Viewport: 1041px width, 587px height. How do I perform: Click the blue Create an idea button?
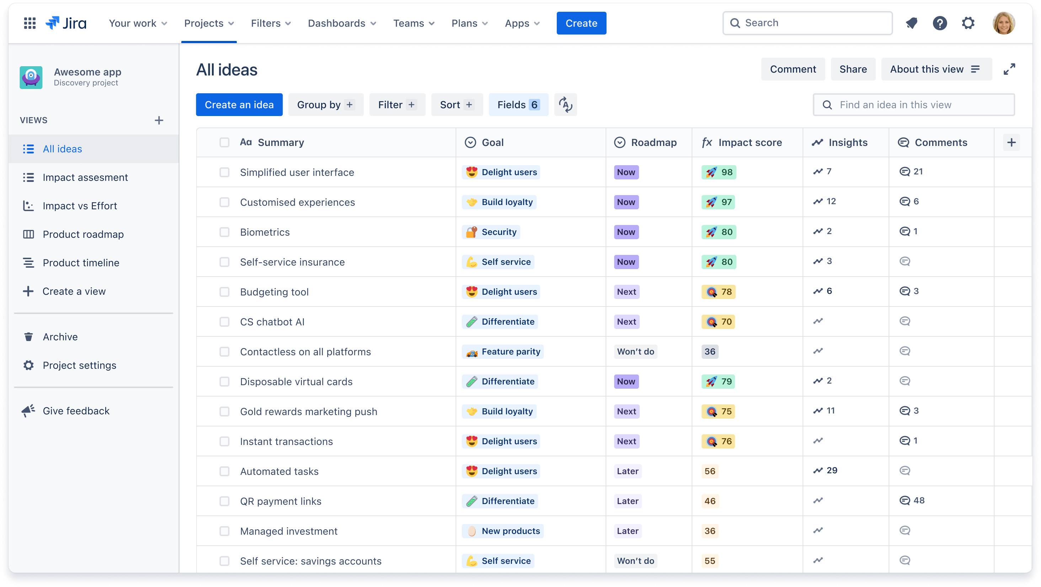(239, 105)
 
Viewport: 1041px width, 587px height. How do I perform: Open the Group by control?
(325, 105)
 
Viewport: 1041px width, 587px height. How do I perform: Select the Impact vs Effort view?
(80, 206)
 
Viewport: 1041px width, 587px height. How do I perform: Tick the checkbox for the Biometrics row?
(224, 232)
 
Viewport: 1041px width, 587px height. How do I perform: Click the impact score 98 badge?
(719, 172)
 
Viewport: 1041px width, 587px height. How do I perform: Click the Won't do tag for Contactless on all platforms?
(635, 352)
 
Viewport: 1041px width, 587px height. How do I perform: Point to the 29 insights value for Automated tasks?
(831, 471)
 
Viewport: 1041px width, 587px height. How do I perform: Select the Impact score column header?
(749, 142)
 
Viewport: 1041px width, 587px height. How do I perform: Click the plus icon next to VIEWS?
(159, 120)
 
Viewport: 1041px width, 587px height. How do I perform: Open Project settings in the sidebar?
(79, 365)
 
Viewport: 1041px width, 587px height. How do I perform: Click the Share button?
(853, 69)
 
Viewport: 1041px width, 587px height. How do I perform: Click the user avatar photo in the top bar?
(1003, 23)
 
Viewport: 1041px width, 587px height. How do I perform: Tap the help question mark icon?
(940, 23)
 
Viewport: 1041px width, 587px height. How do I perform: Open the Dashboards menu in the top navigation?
(341, 23)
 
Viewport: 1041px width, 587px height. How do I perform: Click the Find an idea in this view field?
(913, 105)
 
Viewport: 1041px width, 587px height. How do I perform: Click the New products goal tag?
(503, 531)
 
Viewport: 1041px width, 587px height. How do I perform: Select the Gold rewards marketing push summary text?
(308, 412)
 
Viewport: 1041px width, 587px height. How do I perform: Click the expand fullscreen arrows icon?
(1009, 69)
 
